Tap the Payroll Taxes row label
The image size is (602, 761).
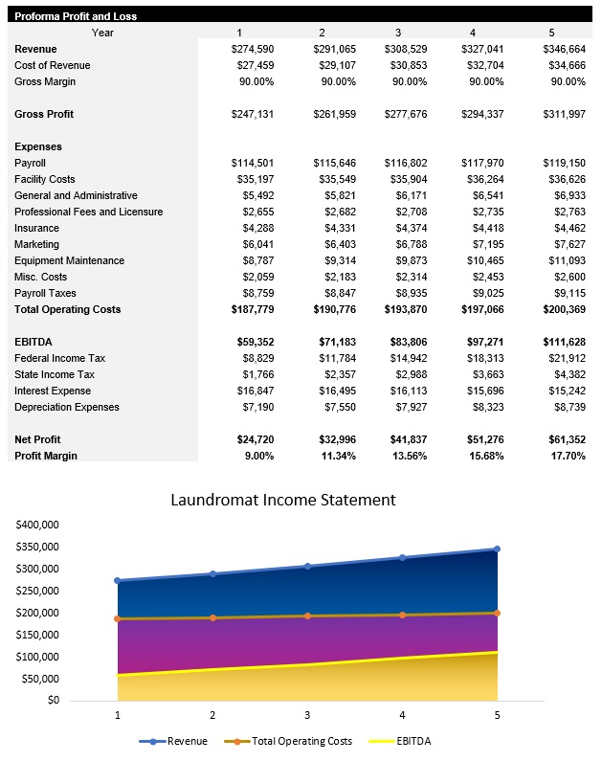tap(45, 293)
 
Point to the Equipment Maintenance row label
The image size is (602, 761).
tap(69, 260)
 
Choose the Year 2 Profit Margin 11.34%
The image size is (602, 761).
tap(336, 456)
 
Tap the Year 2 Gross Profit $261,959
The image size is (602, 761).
tap(334, 114)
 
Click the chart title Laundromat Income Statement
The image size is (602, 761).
tap(282, 500)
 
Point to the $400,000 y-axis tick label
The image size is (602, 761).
tap(38, 525)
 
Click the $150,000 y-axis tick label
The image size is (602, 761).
tap(38, 635)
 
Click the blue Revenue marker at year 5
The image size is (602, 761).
tap(497, 549)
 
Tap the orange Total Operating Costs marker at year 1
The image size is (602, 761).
tap(118, 618)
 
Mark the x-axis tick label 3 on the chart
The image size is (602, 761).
tap(307, 715)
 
